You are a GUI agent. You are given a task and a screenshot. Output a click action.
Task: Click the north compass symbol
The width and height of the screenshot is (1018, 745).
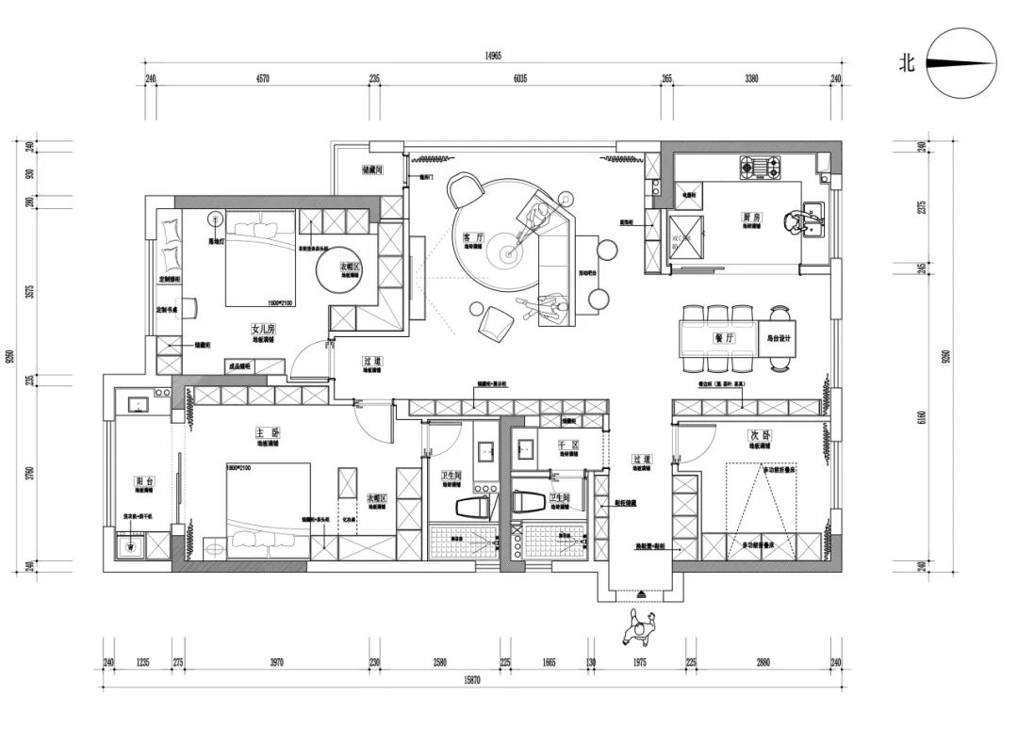(x=961, y=64)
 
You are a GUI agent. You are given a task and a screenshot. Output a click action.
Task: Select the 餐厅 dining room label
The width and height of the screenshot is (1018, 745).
(x=724, y=336)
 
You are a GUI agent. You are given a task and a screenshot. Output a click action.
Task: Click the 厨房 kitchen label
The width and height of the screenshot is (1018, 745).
(x=751, y=217)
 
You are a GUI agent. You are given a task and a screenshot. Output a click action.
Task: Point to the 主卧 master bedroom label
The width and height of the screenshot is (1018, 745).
(x=267, y=432)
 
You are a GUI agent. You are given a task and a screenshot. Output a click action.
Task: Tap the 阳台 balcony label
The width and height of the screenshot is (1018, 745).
(x=143, y=480)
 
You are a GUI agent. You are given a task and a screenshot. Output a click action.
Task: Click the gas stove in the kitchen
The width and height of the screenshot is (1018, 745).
(x=761, y=170)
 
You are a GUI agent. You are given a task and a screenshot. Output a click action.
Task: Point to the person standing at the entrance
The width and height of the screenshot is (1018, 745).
(x=640, y=626)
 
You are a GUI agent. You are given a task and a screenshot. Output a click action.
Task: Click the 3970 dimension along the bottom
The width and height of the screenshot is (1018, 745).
(x=275, y=662)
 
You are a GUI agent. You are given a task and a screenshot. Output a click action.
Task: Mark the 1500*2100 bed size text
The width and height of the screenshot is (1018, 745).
(x=281, y=302)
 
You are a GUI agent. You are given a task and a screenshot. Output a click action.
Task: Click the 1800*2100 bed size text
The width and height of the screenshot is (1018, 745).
(x=241, y=467)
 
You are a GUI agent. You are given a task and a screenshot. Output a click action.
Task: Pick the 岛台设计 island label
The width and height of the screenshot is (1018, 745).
(x=780, y=338)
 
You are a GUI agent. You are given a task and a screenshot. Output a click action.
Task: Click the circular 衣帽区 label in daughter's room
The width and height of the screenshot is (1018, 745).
(x=351, y=267)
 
